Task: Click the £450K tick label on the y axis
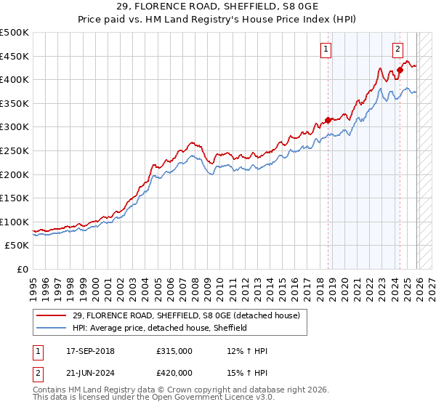[x=14, y=56]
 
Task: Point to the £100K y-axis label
[x=14, y=222]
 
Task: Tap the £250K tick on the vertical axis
[x=14, y=150]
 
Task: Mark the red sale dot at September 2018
[x=328, y=120]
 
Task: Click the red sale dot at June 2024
[x=400, y=70]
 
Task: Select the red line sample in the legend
[x=51, y=315]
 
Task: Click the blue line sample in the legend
[x=51, y=328]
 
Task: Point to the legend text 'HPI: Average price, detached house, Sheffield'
[x=160, y=328]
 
